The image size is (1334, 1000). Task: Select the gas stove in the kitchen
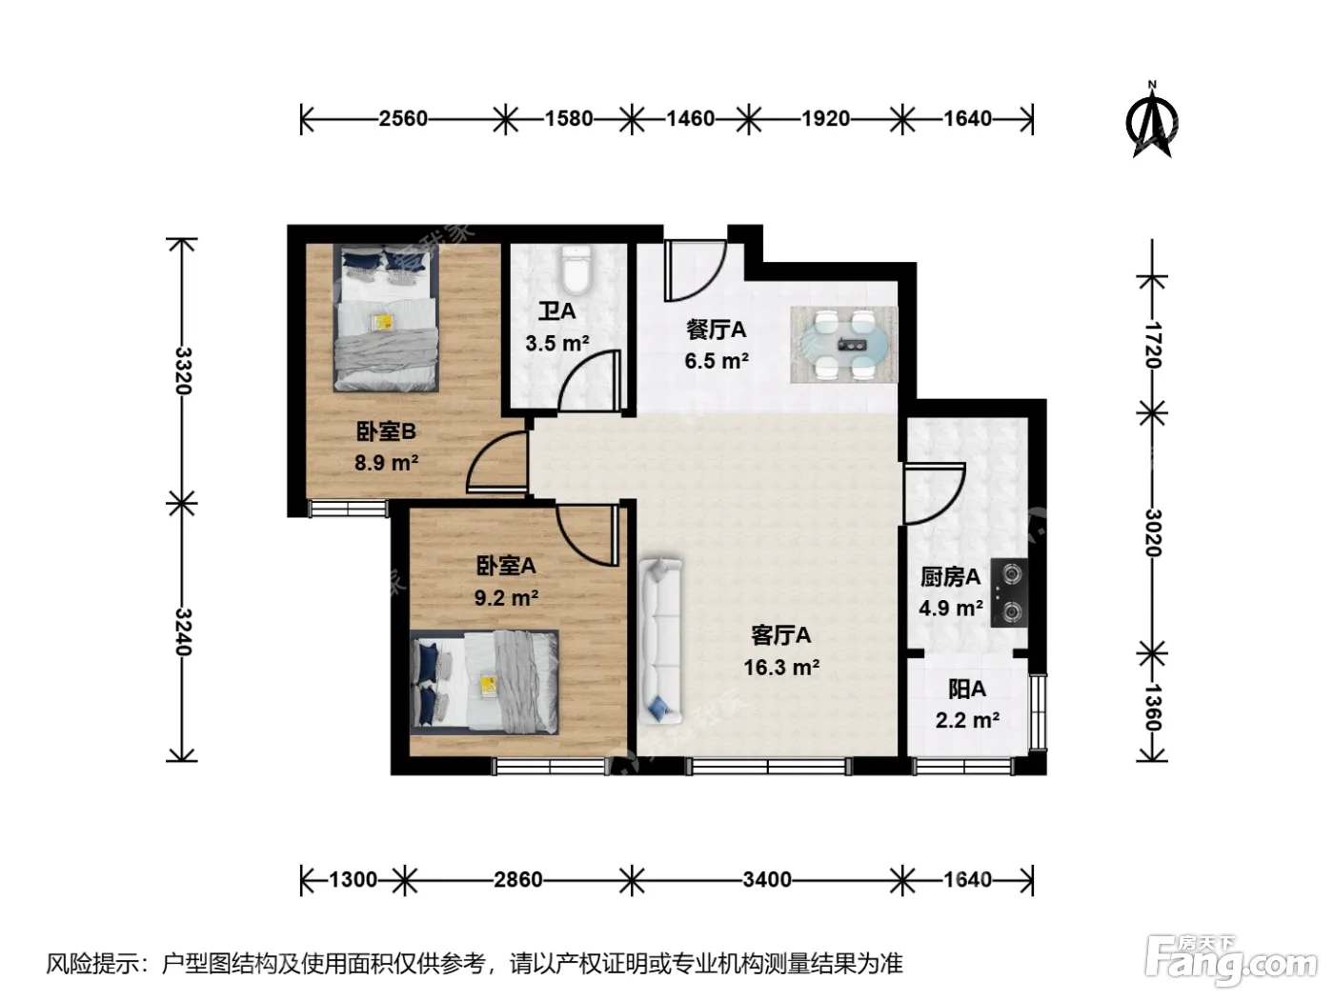pyautogui.click(x=1009, y=592)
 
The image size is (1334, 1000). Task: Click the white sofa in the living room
pyautogui.click(x=660, y=641)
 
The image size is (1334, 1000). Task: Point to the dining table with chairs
pyautogui.click(x=843, y=345)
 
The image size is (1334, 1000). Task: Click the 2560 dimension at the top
pyautogui.click(x=403, y=118)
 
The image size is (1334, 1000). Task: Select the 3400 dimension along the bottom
pyautogui.click(x=767, y=880)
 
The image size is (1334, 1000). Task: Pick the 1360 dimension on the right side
pyautogui.click(x=1153, y=708)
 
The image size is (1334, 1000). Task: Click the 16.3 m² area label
pyautogui.click(x=781, y=668)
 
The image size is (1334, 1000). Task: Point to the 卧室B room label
pyautogui.click(x=386, y=431)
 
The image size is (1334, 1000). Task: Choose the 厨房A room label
pyautogui.click(x=950, y=577)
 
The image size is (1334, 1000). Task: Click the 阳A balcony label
pyautogui.click(x=967, y=690)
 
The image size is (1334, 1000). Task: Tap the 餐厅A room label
pyautogui.click(x=716, y=330)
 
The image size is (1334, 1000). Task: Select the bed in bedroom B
pyautogui.click(x=386, y=317)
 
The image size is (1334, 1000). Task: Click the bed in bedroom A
pyautogui.click(x=484, y=683)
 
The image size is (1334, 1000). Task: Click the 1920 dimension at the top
pyautogui.click(x=825, y=118)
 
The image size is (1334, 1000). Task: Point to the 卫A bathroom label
pyautogui.click(x=556, y=310)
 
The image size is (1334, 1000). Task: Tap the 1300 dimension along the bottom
pyautogui.click(x=354, y=880)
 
